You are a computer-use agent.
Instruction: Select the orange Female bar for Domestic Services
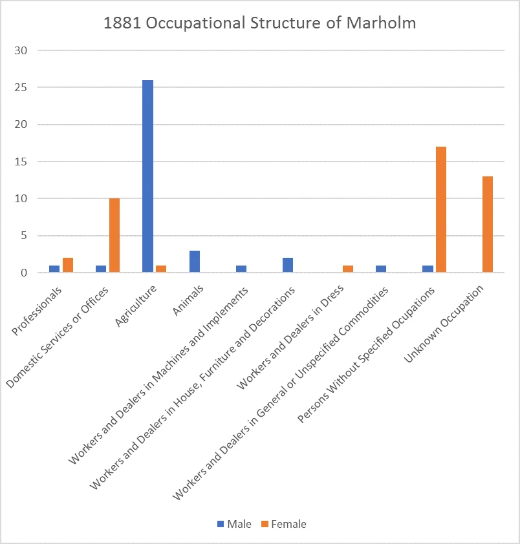(x=114, y=236)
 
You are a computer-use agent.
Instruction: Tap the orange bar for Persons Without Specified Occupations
(x=441, y=210)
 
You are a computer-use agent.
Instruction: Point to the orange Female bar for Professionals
(x=68, y=266)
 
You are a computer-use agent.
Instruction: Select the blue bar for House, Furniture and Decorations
(x=287, y=266)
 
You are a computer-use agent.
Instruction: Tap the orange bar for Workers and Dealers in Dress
(x=348, y=269)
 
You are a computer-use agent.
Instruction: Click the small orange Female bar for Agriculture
(x=161, y=269)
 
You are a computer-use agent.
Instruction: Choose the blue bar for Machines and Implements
(x=241, y=269)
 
